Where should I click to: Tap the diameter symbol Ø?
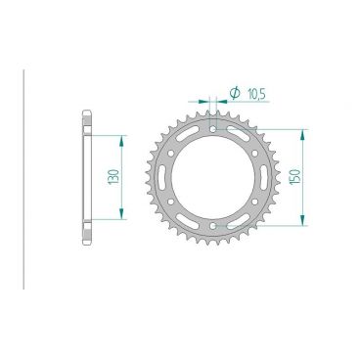(235, 93)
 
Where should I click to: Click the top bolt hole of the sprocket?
(212, 127)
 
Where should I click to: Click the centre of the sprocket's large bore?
(212, 179)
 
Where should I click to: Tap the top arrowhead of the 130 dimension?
(121, 138)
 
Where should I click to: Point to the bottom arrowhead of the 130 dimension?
(121, 220)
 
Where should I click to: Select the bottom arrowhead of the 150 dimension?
(305, 227)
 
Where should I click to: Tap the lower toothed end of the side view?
(85, 237)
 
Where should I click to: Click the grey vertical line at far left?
(22, 179)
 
